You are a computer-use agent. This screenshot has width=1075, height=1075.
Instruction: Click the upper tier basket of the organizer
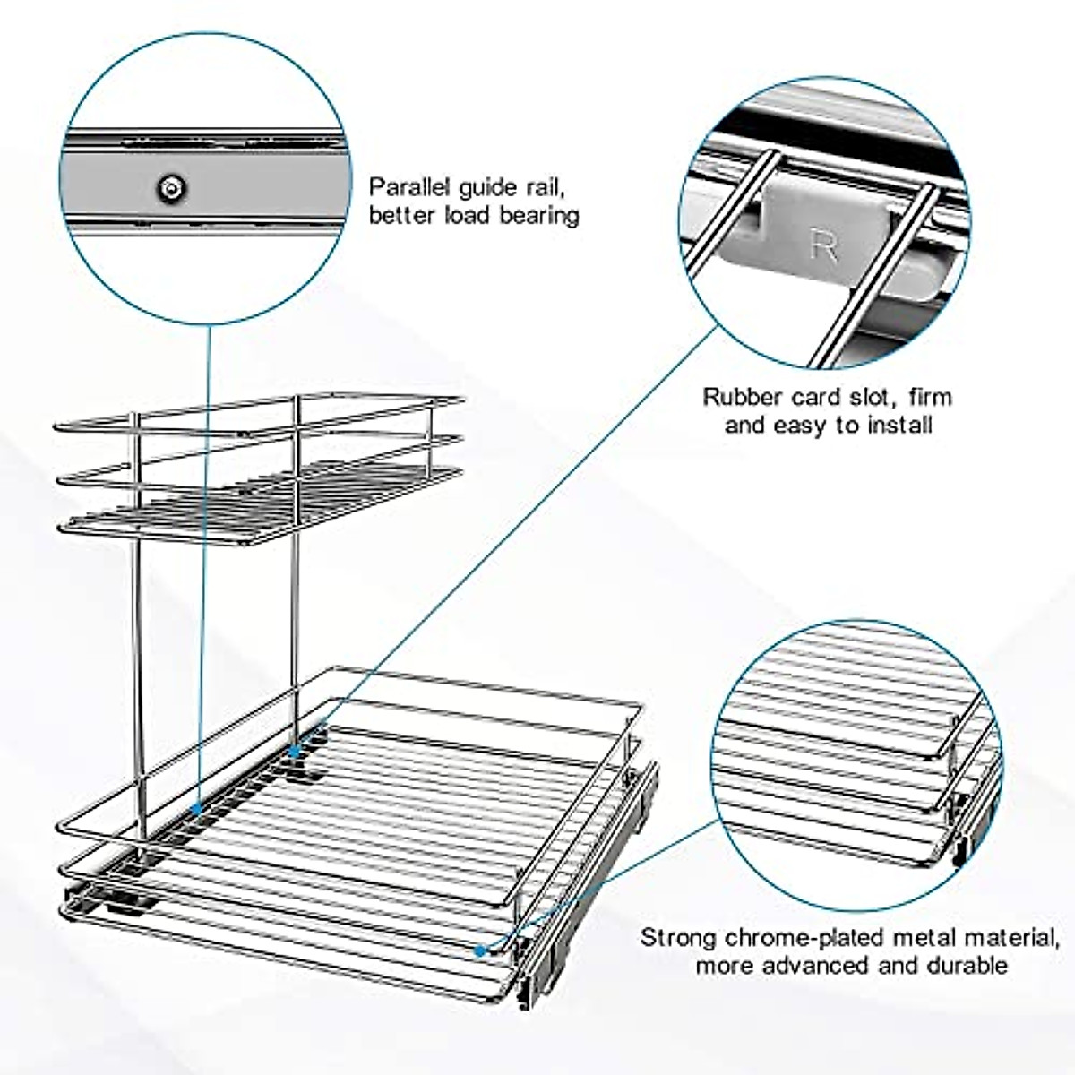(260, 466)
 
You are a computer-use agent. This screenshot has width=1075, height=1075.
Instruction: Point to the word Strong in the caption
(678, 938)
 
